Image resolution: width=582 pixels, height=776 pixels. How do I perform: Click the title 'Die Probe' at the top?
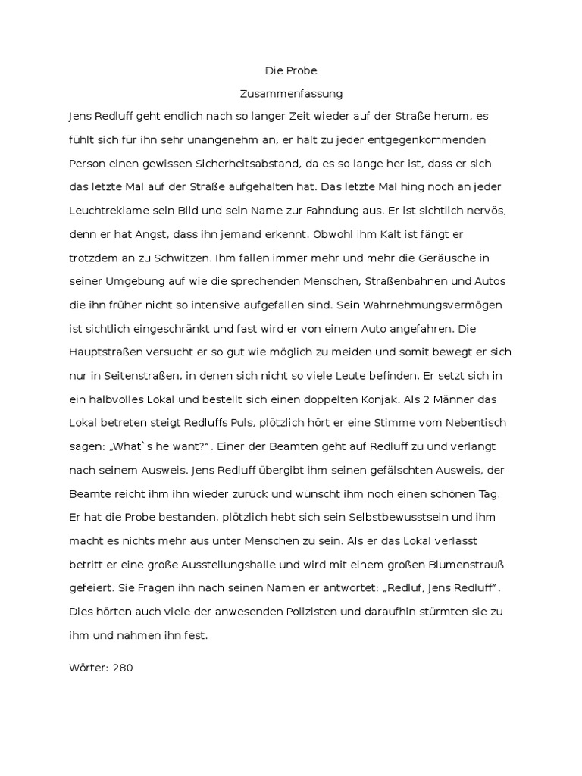pos(291,70)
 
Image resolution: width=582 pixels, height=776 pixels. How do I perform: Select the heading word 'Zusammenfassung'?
pos(291,94)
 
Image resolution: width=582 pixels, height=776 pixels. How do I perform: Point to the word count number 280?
pos(122,669)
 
